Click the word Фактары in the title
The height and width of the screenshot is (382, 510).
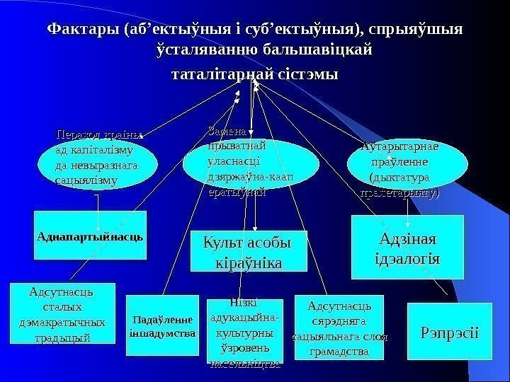tap(81, 31)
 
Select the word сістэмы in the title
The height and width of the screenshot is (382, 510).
tap(306, 74)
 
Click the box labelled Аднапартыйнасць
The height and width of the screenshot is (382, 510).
tap(91, 233)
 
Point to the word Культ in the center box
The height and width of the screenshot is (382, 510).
tap(224, 243)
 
